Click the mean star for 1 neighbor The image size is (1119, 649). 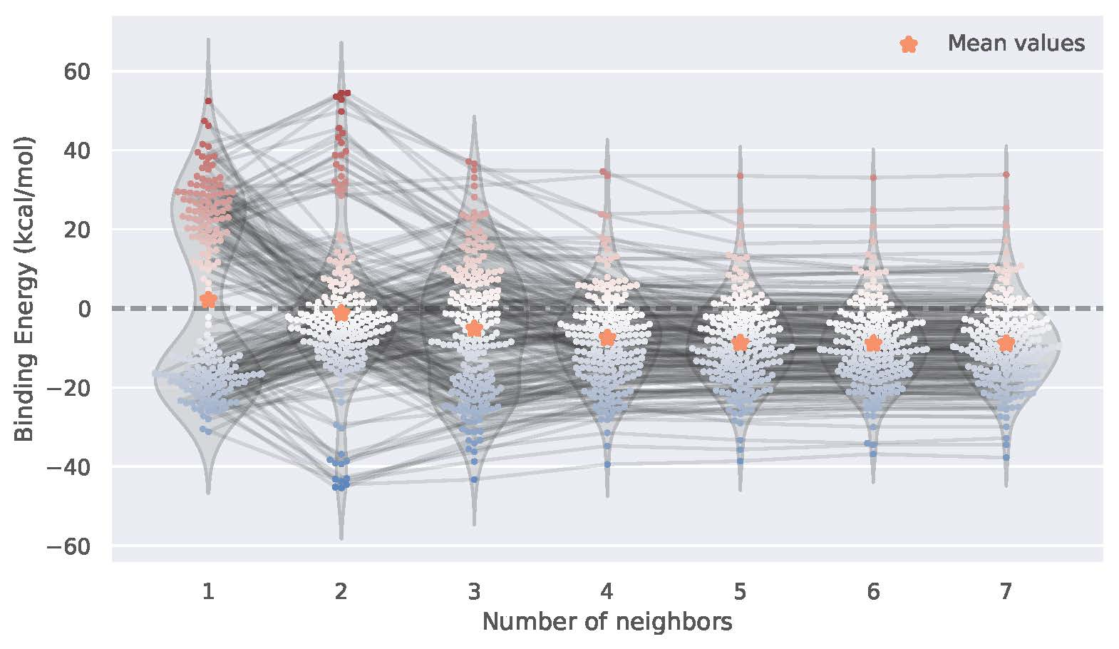(x=208, y=300)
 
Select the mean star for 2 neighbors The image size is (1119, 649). (x=341, y=313)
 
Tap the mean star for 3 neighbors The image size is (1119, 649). (x=474, y=328)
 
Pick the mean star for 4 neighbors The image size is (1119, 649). (x=607, y=337)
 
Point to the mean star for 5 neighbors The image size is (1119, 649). (x=740, y=342)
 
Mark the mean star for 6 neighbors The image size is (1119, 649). (x=873, y=344)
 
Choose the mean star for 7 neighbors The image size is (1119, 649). (x=1006, y=344)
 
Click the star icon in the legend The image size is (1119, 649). (x=909, y=44)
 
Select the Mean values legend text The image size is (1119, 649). (x=1016, y=44)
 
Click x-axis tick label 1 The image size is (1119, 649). (x=208, y=591)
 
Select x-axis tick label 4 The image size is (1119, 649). (x=607, y=591)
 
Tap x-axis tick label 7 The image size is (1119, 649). (x=1006, y=591)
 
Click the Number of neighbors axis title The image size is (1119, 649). (x=607, y=622)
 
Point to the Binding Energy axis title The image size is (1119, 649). (x=25, y=288)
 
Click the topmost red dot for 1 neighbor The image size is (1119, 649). (x=208, y=101)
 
